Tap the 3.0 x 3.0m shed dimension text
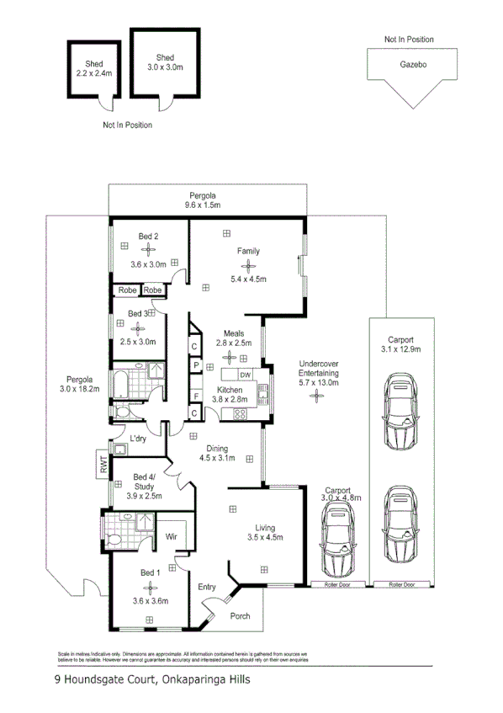[x=165, y=67]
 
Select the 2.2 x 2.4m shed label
[x=94, y=73]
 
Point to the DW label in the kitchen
[x=246, y=375]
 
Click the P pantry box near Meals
[x=194, y=366]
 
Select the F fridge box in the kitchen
[x=194, y=396]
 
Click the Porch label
[x=241, y=615]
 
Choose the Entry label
[x=207, y=587]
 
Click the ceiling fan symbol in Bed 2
[x=148, y=249]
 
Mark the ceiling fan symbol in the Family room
[x=248, y=264]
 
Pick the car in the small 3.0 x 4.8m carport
[x=341, y=544]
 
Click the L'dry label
[x=139, y=438]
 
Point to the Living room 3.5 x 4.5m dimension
[x=265, y=537]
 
